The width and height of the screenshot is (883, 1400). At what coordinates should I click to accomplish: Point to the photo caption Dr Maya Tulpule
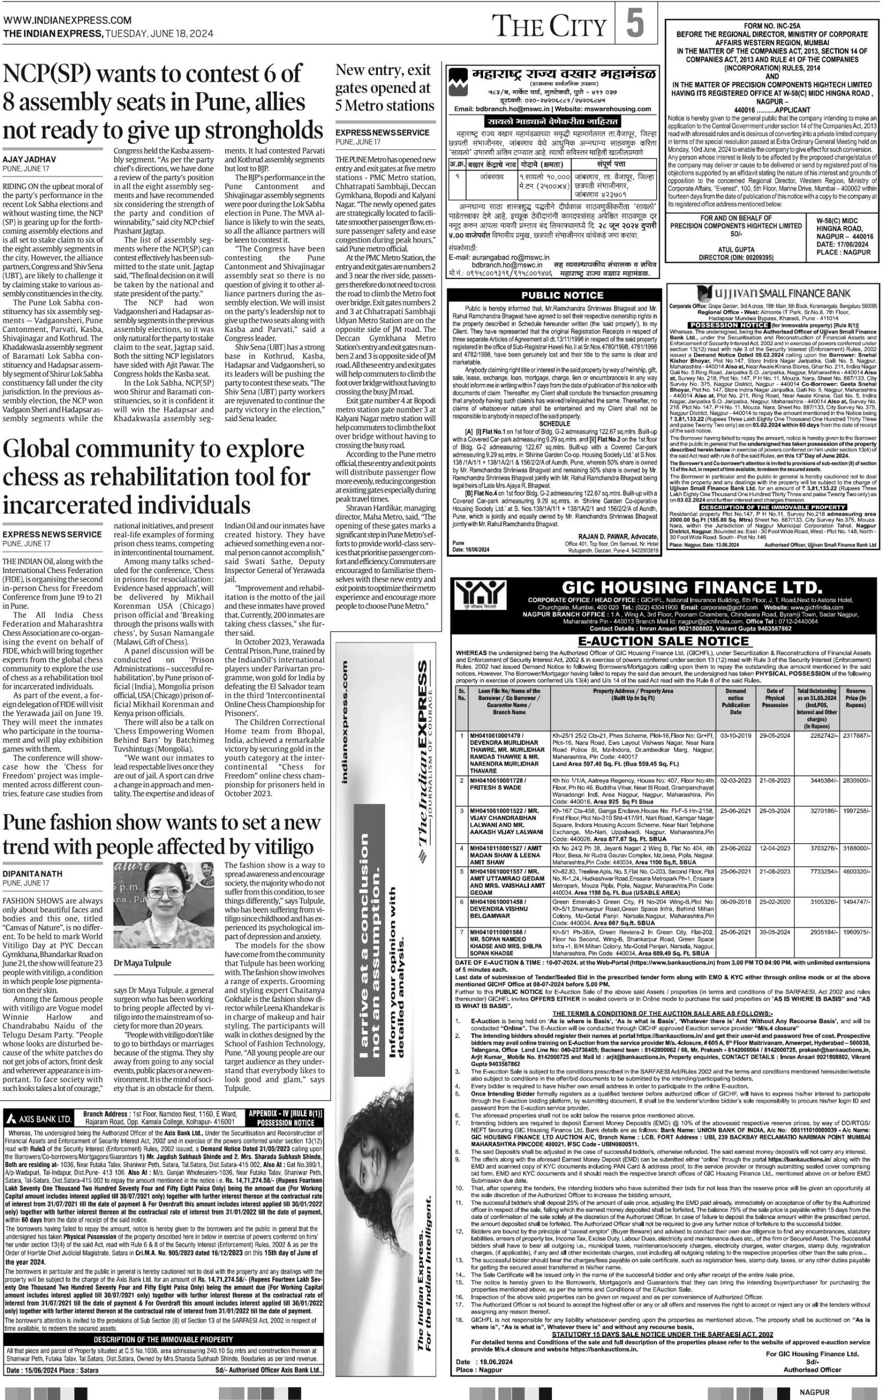(142, 963)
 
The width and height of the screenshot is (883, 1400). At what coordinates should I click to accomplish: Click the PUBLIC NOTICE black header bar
(553, 295)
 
